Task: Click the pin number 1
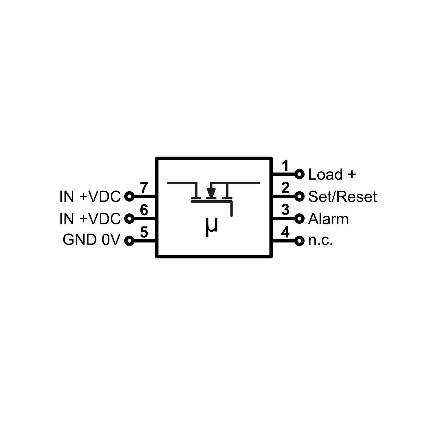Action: point(285,166)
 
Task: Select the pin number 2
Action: point(285,188)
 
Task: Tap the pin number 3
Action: point(285,210)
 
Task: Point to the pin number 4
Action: point(285,232)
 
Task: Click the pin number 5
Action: point(144,232)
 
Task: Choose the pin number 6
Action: point(144,210)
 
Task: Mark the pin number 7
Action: point(144,188)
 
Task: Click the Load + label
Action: point(332,174)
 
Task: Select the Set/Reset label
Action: point(342,197)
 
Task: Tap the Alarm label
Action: point(328,219)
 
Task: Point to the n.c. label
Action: point(321,241)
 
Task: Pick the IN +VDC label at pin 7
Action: point(90,197)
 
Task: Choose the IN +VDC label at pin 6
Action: point(90,219)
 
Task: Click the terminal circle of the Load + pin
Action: point(299,174)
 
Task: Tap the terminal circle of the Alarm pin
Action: point(299,219)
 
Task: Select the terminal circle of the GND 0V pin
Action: point(129,241)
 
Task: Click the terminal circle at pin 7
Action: point(129,197)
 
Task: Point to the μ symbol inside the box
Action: point(211,227)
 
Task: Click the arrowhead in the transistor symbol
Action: point(211,192)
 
